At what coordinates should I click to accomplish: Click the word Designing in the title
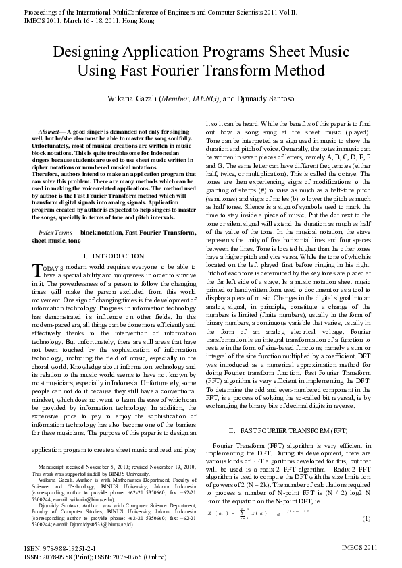click(x=88, y=53)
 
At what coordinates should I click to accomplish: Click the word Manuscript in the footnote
click(x=55, y=467)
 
